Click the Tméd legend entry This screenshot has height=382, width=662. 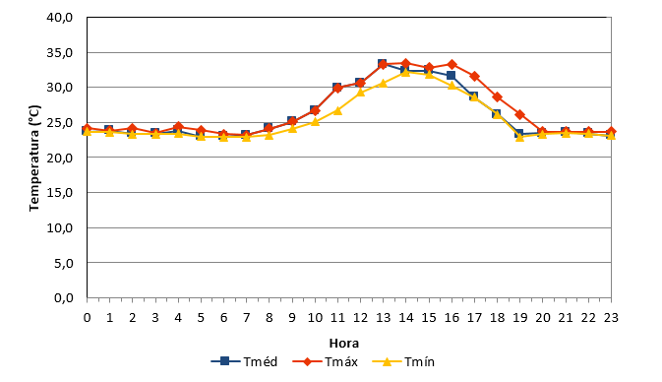pyautogui.click(x=245, y=361)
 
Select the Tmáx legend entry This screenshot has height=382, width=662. pyautogui.click(x=325, y=361)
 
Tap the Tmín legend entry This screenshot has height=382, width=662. pyautogui.click(x=403, y=361)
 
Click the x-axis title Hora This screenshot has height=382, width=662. pyautogui.click(x=344, y=344)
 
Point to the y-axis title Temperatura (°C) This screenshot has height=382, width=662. pyautogui.click(x=34, y=159)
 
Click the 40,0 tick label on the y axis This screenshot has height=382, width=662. pyautogui.click(x=60, y=18)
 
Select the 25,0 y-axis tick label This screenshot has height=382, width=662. pyautogui.click(x=60, y=122)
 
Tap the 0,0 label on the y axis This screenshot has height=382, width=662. pyautogui.click(x=64, y=298)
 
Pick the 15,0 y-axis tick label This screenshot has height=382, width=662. pyautogui.click(x=60, y=193)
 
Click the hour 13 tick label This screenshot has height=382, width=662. pyautogui.click(x=384, y=317)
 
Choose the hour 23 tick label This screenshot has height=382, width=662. pyautogui.click(x=611, y=317)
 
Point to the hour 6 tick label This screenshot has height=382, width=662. pyautogui.click(x=223, y=317)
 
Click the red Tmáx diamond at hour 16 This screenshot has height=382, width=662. pyautogui.click(x=451, y=65)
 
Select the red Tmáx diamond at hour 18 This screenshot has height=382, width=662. pyautogui.click(x=498, y=97)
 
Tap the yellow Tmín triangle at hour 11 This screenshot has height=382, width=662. pyautogui.click(x=337, y=110)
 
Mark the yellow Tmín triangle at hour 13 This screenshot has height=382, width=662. pyautogui.click(x=384, y=84)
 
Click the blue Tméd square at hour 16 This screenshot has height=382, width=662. pyautogui.click(x=451, y=75)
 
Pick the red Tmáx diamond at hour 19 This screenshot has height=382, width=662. pyautogui.click(x=520, y=115)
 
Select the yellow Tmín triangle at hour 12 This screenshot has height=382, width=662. pyautogui.click(x=361, y=93)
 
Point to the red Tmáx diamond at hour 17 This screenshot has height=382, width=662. pyautogui.click(x=474, y=77)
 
